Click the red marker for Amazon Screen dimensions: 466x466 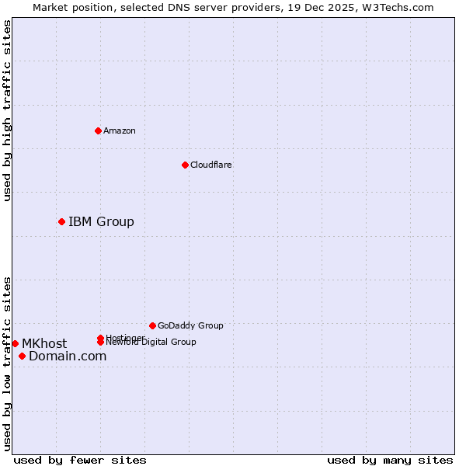(98, 130)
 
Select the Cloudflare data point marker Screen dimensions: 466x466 (185, 165)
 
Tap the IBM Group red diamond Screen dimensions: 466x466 (61, 222)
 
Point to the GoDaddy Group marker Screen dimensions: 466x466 (152, 325)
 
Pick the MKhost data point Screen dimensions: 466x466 (15, 343)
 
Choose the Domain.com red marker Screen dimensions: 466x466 (22, 356)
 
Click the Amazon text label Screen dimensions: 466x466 (120, 130)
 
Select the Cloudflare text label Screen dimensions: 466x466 (211, 165)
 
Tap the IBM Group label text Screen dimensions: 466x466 (101, 222)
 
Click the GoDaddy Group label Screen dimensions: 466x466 (190, 325)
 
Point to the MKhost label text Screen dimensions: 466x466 (44, 343)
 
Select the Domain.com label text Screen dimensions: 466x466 (68, 356)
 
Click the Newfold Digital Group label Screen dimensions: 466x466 (151, 343)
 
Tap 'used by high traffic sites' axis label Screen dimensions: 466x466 (7, 110)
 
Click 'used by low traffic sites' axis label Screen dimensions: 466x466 (7, 363)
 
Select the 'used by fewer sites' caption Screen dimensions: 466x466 (80, 460)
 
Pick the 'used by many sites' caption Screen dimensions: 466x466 (390, 460)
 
